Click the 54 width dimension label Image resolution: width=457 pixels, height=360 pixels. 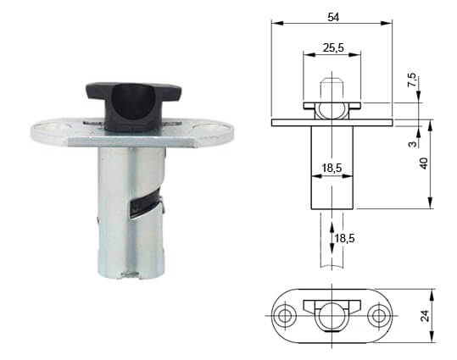point(333,17)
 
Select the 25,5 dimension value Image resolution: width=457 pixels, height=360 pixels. point(333,47)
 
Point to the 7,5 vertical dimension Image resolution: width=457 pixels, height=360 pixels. point(412,80)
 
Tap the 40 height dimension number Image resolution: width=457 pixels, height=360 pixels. point(424,163)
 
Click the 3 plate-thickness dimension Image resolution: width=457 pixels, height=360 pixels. point(412,144)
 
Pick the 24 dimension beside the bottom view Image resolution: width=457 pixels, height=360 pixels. point(425,316)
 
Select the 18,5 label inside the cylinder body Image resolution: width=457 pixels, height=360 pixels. point(332,168)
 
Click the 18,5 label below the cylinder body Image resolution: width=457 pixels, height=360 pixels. point(345,238)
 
